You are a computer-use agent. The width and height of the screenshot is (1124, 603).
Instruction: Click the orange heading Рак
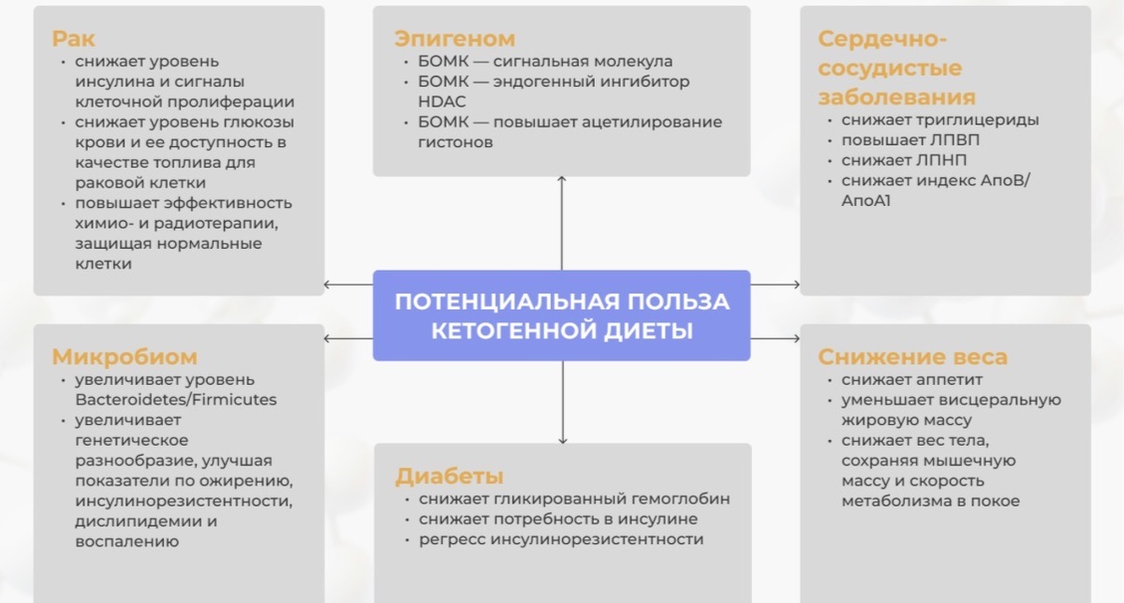click(x=73, y=39)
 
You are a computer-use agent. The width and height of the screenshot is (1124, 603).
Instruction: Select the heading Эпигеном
click(x=454, y=39)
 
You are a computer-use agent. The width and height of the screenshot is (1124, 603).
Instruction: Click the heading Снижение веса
click(x=912, y=357)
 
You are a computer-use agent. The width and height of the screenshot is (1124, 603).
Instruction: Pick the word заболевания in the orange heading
click(x=896, y=97)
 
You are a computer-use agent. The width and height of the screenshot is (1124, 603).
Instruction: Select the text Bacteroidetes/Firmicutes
click(x=176, y=400)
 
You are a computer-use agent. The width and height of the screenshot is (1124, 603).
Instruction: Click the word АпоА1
click(x=866, y=201)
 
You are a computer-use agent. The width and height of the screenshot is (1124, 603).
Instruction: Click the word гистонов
click(x=455, y=142)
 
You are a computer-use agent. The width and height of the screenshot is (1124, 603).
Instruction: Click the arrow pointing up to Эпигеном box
click(x=562, y=180)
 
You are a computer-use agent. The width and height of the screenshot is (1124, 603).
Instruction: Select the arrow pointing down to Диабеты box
click(x=562, y=438)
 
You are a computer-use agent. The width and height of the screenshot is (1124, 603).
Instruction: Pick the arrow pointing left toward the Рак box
click(x=328, y=285)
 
